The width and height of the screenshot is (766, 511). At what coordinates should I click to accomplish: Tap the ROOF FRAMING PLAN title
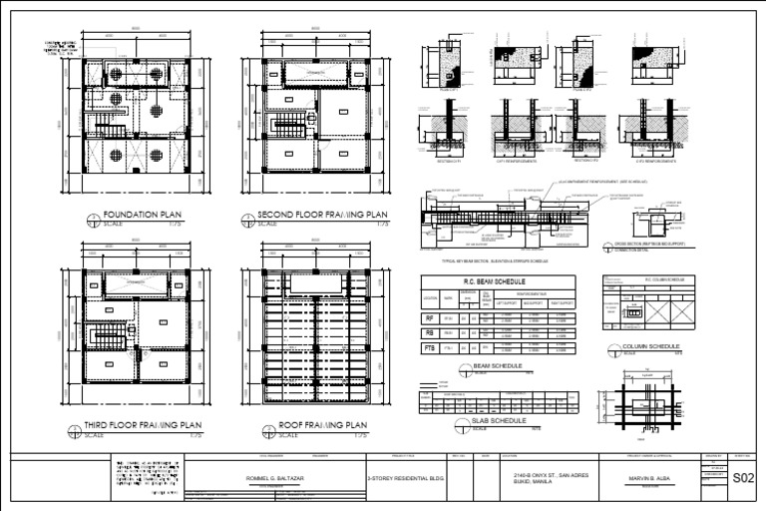pyautogui.click(x=316, y=425)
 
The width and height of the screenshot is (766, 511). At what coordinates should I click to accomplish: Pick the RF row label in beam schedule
pyautogui.click(x=430, y=318)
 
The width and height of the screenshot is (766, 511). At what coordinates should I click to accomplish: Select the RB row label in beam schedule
pyautogui.click(x=430, y=333)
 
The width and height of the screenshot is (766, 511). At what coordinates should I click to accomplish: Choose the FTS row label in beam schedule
pyautogui.click(x=430, y=348)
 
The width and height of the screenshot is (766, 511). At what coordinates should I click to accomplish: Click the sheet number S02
pyautogui.click(x=743, y=478)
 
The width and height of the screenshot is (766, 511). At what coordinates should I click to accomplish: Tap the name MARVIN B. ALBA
pyautogui.click(x=654, y=477)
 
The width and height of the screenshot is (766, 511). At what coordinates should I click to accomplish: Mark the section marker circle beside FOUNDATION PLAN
pyautogui.click(x=93, y=221)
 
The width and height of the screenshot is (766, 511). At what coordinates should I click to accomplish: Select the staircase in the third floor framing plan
pyautogui.click(x=109, y=334)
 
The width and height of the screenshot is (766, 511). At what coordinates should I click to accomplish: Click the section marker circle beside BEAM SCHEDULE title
pyautogui.click(x=465, y=370)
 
